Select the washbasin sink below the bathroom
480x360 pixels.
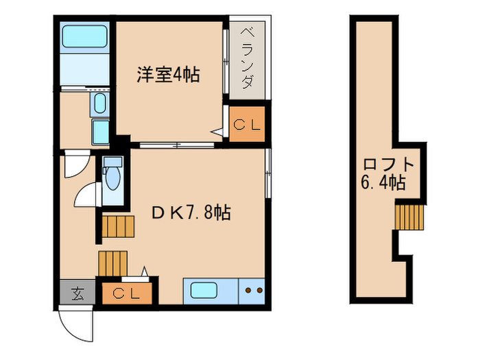(99, 104)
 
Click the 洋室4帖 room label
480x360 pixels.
(167, 75)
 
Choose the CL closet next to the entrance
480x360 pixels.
(127, 294)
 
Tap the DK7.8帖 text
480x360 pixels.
(191, 213)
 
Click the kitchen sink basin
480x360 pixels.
(204, 291)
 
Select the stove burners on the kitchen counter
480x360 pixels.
(253, 291)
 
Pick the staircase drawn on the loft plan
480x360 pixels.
(410, 217)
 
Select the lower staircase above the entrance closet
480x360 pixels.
(113, 263)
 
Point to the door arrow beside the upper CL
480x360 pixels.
(217, 132)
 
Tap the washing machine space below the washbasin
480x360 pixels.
(101, 131)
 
